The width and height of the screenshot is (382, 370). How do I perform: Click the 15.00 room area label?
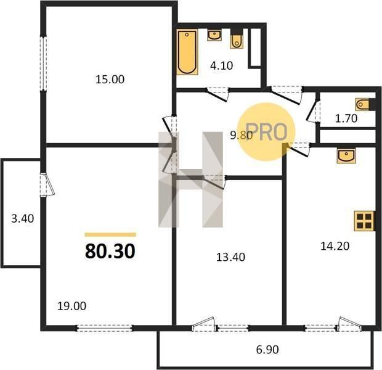pos(110,80)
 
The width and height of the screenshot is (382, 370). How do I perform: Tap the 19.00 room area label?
pos(72,306)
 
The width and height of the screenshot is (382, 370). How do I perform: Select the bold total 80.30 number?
pos(110,251)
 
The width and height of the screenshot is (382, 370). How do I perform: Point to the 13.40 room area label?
pos(230,257)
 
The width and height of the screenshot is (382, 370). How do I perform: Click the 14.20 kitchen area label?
pos(335,246)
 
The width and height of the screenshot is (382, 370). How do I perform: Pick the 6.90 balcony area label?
pos(267,350)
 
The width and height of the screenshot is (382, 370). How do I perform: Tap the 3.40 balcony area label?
pos(23,218)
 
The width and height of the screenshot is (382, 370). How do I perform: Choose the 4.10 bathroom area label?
pos(221,65)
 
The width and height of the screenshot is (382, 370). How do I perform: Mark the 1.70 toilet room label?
pos(346,118)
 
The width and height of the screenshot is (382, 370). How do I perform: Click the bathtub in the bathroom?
pos(187,52)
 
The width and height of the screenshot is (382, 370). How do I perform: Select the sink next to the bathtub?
pos(214,35)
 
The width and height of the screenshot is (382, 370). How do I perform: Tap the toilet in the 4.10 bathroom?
pos(237,39)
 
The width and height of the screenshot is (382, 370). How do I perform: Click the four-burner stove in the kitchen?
pos(364,221)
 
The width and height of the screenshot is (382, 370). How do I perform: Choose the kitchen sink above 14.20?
pos(346,155)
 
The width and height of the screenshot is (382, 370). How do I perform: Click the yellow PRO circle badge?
pos(266,132)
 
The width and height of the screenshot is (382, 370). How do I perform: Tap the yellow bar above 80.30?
pos(110,234)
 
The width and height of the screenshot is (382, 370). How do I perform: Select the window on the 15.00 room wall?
pos(43,64)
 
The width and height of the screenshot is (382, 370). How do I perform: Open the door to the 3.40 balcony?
pos(47,184)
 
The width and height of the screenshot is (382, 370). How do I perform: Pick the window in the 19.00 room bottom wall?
pos(105,328)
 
